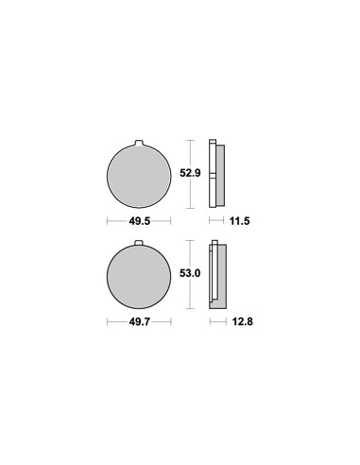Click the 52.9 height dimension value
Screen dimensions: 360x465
(190, 173)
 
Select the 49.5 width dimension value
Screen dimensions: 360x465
(140, 221)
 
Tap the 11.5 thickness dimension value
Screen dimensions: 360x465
(239, 221)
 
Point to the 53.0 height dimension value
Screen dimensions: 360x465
(190, 273)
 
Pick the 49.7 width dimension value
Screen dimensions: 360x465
(140, 321)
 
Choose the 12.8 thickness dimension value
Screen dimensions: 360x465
(242, 321)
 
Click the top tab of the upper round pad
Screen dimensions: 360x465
(139, 143)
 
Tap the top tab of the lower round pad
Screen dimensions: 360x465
(139, 243)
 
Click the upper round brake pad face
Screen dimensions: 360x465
(139, 176)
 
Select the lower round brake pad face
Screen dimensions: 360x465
(139, 276)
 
